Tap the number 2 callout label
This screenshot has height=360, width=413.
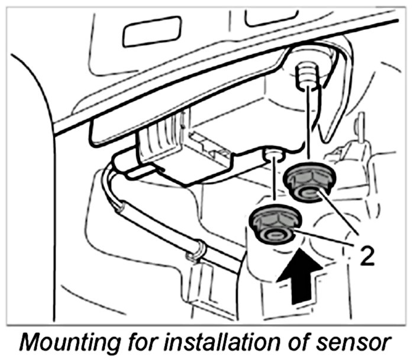(x=366, y=257)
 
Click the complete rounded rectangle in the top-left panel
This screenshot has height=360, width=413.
(x=151, y=32)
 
